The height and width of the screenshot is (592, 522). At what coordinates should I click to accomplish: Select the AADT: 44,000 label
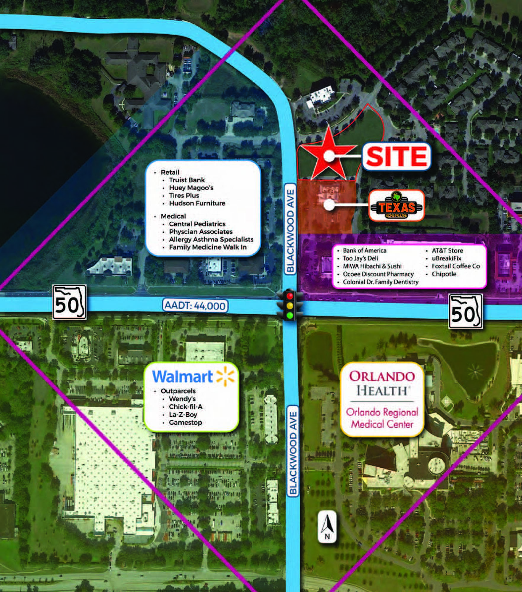coord(195,305)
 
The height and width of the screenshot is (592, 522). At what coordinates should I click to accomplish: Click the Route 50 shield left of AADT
coord(69,302)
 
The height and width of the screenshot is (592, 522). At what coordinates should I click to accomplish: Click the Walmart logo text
coord(182,377)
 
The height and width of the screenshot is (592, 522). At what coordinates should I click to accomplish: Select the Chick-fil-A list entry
coord(186,407)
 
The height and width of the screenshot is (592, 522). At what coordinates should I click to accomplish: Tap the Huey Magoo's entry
coord(191,188)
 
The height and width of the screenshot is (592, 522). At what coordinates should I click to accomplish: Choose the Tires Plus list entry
coord(184,195)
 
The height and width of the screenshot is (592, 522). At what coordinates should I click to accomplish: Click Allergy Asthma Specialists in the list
coord(211,239)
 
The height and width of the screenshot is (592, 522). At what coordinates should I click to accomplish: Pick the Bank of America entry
coord(364,250)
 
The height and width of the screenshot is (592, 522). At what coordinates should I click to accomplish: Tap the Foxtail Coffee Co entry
coord(456,266)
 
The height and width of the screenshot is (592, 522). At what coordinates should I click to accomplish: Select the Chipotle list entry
coord(444,274)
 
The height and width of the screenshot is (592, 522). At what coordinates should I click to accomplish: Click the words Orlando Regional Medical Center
coord(382,418)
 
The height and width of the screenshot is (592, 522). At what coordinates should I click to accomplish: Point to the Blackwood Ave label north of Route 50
coord(290,231)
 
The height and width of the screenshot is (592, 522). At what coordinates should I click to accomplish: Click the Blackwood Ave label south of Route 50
coord(293,453)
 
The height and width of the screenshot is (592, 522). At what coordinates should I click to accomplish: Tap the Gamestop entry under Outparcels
coord(185,422)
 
